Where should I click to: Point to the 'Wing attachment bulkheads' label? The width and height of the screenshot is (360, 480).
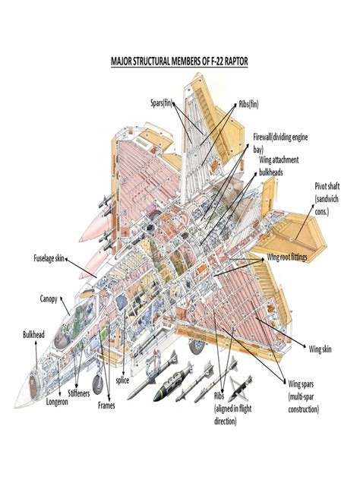tap(279, 166)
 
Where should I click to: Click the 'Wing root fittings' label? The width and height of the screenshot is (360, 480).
tap(297, 257)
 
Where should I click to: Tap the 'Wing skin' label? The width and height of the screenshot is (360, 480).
tap(320, 349)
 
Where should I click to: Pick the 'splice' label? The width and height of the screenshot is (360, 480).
tap(123, 380)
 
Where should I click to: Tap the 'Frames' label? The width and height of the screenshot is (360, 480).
tap(106, 406)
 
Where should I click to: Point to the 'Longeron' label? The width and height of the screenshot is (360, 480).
tap(57, 402)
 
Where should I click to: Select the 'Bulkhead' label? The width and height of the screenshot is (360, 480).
tap(34, 335)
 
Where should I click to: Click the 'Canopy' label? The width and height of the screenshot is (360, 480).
tap(49, 298)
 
